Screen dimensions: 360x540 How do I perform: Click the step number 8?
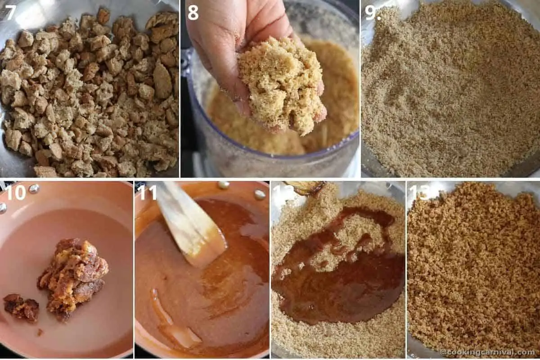tap(193, 12)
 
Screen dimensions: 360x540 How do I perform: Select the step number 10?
tap(15, 192)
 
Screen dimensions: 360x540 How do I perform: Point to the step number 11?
tap(147, 192)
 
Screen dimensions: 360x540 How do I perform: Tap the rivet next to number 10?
tap(34, 189)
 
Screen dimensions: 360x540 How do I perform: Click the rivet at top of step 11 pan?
tap(223, 184)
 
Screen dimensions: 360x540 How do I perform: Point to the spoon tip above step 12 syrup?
tap(306, 187)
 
